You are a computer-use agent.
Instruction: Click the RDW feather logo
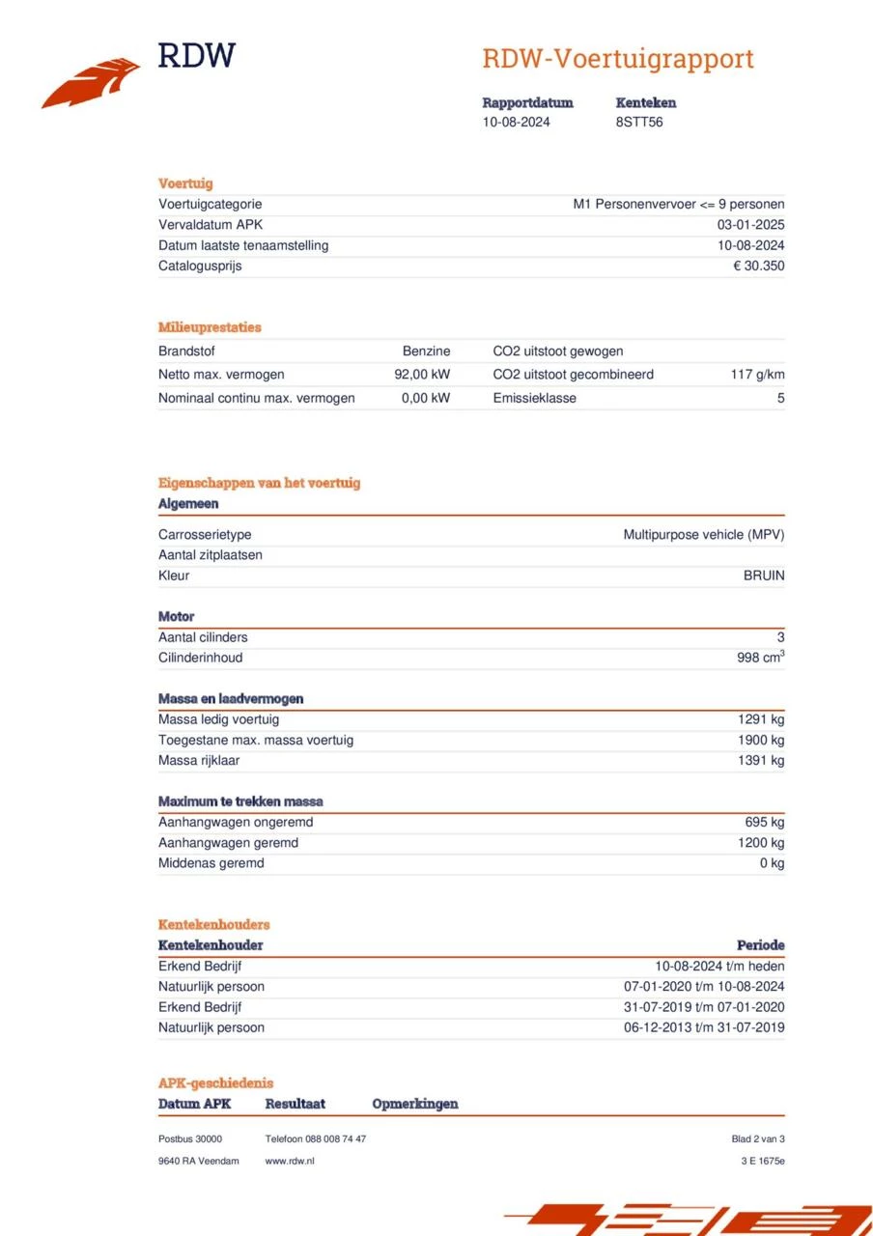coord(91,82)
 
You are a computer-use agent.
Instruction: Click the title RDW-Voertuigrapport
coord(617,59)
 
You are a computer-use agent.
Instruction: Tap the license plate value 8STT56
coord(639,123)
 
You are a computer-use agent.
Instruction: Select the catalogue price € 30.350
coord(758,267)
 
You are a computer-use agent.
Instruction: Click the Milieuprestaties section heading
coord(210,327)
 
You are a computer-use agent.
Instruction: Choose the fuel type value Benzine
coord(426,351)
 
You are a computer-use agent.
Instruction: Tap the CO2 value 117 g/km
coord(757,375)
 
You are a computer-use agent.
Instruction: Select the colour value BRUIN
coord(763,576)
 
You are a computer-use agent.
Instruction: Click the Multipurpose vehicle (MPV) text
coord(703,535)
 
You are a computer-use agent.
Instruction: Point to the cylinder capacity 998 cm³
coord(760,658)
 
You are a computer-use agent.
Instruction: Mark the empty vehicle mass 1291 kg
coord(761,719)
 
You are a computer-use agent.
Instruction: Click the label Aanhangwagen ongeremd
coord(236,823)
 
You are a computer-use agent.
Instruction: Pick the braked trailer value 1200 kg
coord(761,843)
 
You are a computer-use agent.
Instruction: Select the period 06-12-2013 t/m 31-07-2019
coord(704,1027)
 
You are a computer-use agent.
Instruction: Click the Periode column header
coord(760,945)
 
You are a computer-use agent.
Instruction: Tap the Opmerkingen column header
coord(414,1104)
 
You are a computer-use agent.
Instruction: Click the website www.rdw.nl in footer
coord(290,1161)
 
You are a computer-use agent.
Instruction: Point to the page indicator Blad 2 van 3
coord(758,1139)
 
